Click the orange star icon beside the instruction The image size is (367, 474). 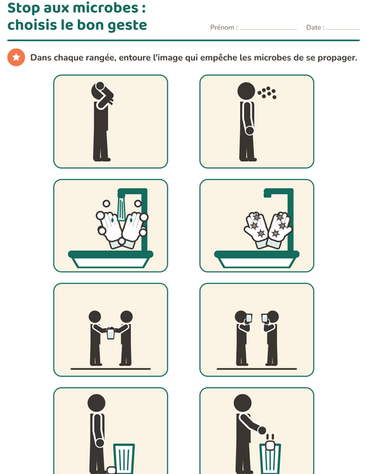(x=16, y=57)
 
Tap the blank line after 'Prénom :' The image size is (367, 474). (x=268, y=29)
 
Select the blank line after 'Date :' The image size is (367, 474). (x=343, y=29)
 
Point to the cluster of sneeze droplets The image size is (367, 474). (x=267, y=93)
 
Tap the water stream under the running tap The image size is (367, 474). (x=122, y=209)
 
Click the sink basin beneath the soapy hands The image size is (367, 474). (x=111, y=259)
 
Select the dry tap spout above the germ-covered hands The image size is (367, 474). (x=278, y=193)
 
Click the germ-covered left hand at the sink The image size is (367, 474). (x=256, y=229)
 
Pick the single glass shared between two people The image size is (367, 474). (x=111, y=333)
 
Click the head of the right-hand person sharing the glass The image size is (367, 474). (x=126, y=317)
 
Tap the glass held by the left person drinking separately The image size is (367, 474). (x=249, y=318)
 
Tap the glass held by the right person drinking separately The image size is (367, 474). (x=265, y=318)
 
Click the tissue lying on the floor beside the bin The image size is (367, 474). (x=112, y=470)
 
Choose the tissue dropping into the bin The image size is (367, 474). (x=270, y=446)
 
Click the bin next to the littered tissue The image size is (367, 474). (x=124, y=459)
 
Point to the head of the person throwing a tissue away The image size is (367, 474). (x=242, y=403)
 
